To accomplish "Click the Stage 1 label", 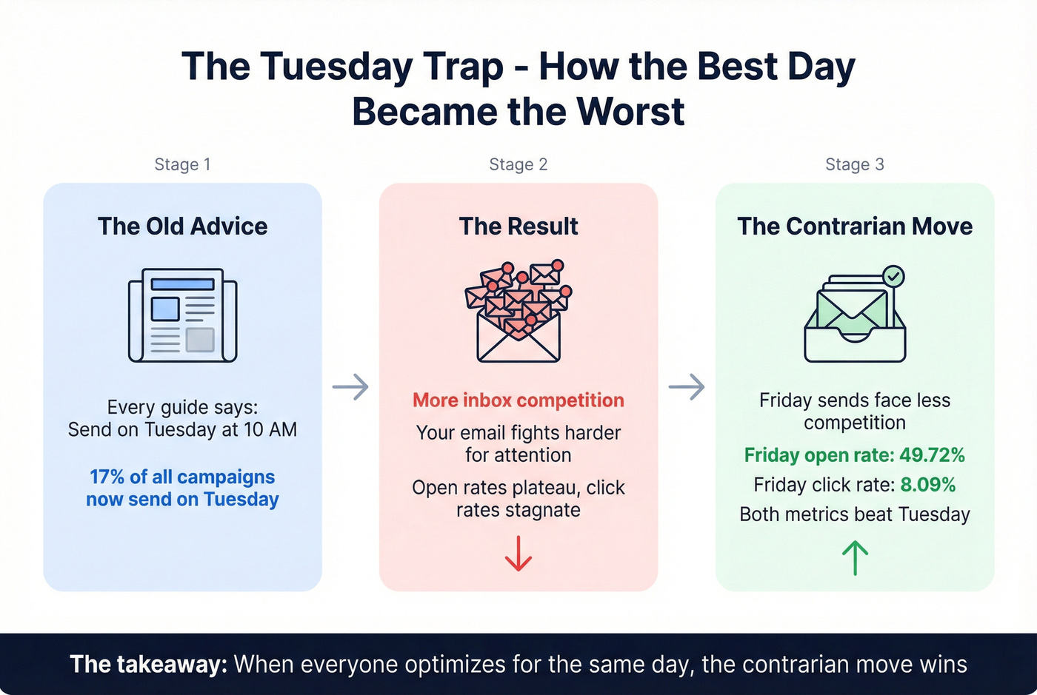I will tap(182, 164).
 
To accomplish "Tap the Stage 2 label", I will tap(518, 164).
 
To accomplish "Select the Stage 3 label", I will tap(854, 164).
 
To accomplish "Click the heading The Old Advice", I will tap(182, 226).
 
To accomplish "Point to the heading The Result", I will tap(518, 226).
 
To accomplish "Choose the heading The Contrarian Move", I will tap(854, 226).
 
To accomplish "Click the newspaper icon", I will tap(182, 315).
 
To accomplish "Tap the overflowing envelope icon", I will tap(518, 312).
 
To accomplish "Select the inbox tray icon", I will tap(854, 318).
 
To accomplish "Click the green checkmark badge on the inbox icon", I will tap(894, 277).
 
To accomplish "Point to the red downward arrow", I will tap(518, 554).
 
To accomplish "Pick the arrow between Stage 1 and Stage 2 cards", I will tap(350, 386).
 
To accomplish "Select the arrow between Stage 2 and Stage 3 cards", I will tap(687, 386).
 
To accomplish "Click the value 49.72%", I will tap(932, 455).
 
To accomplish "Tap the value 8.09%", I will tap(927, 485).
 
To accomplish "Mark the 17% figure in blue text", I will tap(107, 477).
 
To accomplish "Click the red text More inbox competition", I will tap(518, 400).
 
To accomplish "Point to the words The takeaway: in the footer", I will tap(148, 664).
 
